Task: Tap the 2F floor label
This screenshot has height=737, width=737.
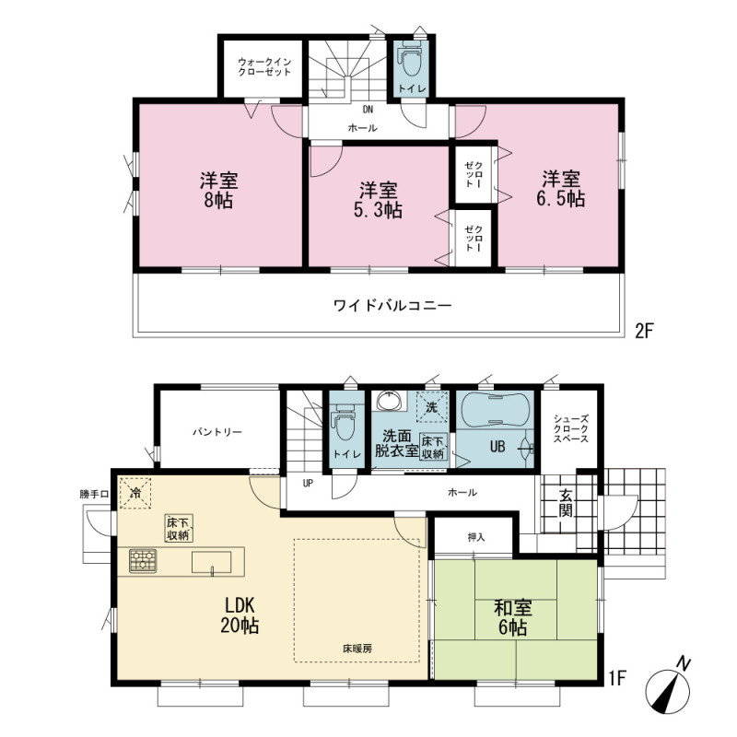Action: (x=644, y=332)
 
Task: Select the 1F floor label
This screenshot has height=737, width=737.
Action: (x=617, y=678)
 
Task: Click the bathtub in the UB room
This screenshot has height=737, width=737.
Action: (x=495, y=410)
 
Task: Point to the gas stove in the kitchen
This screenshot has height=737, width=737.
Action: (x=143, y=561)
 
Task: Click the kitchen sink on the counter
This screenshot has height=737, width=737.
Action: (x=212, y=563)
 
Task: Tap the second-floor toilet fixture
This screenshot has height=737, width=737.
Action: (x=412, y=58)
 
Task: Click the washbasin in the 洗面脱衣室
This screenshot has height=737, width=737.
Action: (x=389, y=402)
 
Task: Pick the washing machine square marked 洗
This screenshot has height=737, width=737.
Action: (x=431, y=406)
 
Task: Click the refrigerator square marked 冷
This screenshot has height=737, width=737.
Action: (x=135, y=493)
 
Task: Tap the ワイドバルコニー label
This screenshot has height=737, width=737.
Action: (x=392, y=306)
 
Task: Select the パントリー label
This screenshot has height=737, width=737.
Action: (x=217, y=432)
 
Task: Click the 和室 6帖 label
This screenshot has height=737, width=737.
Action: (x=513, y=617)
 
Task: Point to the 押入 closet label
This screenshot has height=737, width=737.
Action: (x=476, y=537)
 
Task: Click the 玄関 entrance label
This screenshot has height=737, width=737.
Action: (x=566, y=504)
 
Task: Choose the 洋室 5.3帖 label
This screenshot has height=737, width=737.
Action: (x=379, y=200)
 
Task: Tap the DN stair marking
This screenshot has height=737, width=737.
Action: (x=368, y=110)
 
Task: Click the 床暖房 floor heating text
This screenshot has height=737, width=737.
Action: (x=357, y=649)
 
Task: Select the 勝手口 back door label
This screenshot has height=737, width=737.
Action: (x=94, y=494)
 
